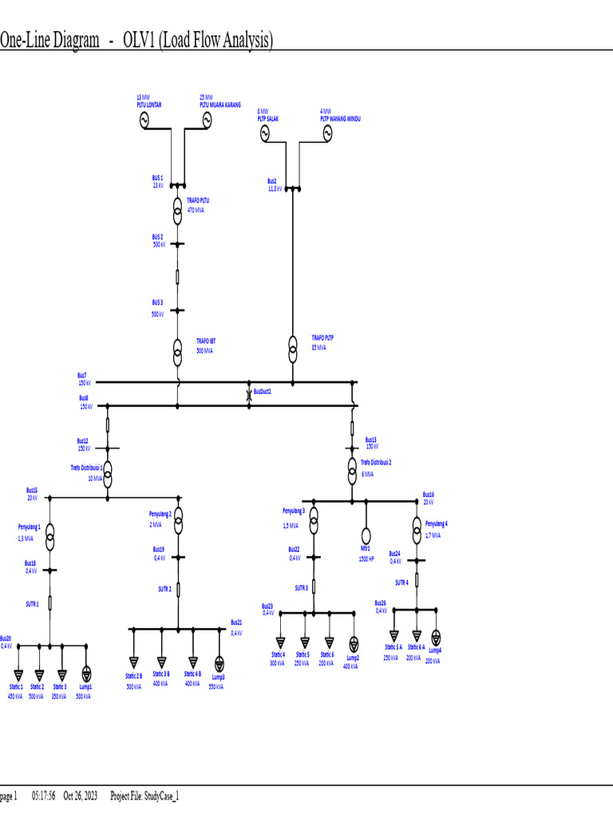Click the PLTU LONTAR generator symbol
tap(145, 120)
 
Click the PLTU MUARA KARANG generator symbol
tap(207, 120)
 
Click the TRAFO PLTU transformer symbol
tap(177, 211)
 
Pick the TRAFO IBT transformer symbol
tap(177, 349)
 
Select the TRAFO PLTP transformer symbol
tap(293, 345)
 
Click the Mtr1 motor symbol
tap(366, 535)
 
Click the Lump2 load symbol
tap(354, 643)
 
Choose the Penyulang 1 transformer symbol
tap(49, 535)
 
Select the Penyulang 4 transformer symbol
tap(417, 527)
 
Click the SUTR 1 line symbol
tap(49, 602)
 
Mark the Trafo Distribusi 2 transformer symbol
tap(351, 470)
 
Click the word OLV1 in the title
tap(140, 41)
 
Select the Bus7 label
tap(82, 375)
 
